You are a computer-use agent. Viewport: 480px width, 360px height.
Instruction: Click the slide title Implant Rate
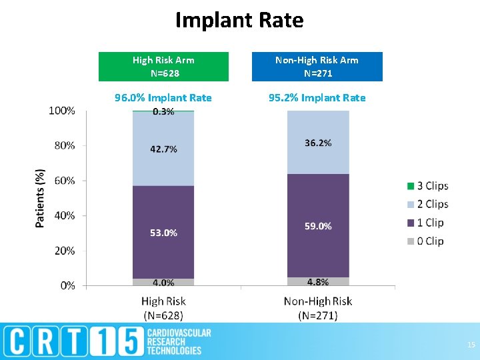click(239, 21)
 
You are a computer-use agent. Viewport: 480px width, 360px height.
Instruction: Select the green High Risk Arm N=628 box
click(163, 67)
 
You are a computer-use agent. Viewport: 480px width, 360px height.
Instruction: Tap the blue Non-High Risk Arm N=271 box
click(317, 67)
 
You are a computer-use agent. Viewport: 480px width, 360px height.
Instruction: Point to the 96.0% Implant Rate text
click(163, 98)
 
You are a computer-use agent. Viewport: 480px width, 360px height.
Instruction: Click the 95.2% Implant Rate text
click(317, 98)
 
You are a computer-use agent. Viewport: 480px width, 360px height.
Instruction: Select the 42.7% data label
click(163, 149)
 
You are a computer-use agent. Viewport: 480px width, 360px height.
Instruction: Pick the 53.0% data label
click(163, 233)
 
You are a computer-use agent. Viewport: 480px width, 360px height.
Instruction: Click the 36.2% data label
click(317, 143)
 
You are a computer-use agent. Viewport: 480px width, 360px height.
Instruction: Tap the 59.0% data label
click(317, 226)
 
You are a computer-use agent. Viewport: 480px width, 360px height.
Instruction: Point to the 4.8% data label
click(317, 281)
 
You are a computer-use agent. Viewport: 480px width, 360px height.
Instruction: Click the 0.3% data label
click(163, 112)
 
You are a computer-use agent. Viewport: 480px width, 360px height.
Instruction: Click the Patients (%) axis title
click(41, 198)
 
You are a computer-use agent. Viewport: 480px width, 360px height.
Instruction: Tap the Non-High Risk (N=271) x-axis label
click(317, 308)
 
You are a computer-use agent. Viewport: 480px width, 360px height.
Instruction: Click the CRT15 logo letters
click(74, 341)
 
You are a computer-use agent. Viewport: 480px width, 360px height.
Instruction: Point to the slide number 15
click(471, 345)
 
